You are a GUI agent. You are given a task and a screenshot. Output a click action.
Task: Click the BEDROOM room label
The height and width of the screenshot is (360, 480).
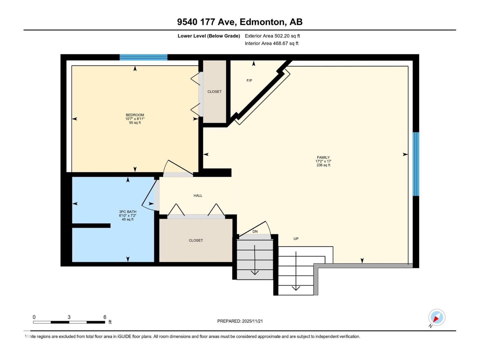pos(135,115)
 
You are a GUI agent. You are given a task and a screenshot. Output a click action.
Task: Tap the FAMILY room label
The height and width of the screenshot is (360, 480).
pos(323,157)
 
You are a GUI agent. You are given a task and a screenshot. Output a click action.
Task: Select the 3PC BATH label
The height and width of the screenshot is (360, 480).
pos(128,211)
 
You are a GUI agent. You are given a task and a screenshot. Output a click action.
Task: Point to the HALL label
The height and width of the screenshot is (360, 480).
pos(198,196)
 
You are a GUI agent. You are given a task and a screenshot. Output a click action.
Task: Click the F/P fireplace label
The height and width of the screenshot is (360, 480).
pos(249,80)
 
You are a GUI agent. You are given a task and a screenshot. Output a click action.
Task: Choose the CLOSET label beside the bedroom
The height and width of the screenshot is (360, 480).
pos(214,91)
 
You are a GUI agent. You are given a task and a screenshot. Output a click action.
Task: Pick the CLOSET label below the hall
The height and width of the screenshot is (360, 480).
pos(196,240)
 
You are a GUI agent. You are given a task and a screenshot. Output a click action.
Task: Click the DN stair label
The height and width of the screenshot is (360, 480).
pos(255,232)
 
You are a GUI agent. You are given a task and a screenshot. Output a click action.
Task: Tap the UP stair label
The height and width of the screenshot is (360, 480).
pos(296,239)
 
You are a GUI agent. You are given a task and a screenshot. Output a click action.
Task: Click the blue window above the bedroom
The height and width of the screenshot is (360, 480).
pos(143,57)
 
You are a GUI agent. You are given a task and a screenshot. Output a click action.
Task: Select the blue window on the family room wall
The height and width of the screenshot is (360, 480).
pos(416,164)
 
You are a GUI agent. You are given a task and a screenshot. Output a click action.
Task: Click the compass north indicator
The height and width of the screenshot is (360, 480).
pos(436,318)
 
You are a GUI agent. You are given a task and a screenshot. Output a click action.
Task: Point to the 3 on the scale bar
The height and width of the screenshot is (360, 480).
pos(69,317)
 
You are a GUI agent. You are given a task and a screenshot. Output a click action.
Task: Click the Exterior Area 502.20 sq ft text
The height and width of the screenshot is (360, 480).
pos(272,36)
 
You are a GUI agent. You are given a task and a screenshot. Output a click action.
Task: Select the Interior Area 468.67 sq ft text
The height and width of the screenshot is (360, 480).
pos(271,43)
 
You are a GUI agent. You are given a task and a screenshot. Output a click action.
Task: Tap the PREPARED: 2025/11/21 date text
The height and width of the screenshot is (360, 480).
pos(240,321)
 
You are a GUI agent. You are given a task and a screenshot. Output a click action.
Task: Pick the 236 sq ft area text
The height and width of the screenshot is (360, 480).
pos(323,165)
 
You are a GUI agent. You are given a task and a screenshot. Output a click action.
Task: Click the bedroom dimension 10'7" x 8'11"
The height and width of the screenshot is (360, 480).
pos(135,119)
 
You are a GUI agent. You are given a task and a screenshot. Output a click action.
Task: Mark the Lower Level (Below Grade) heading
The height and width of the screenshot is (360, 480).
pos(208,36)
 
